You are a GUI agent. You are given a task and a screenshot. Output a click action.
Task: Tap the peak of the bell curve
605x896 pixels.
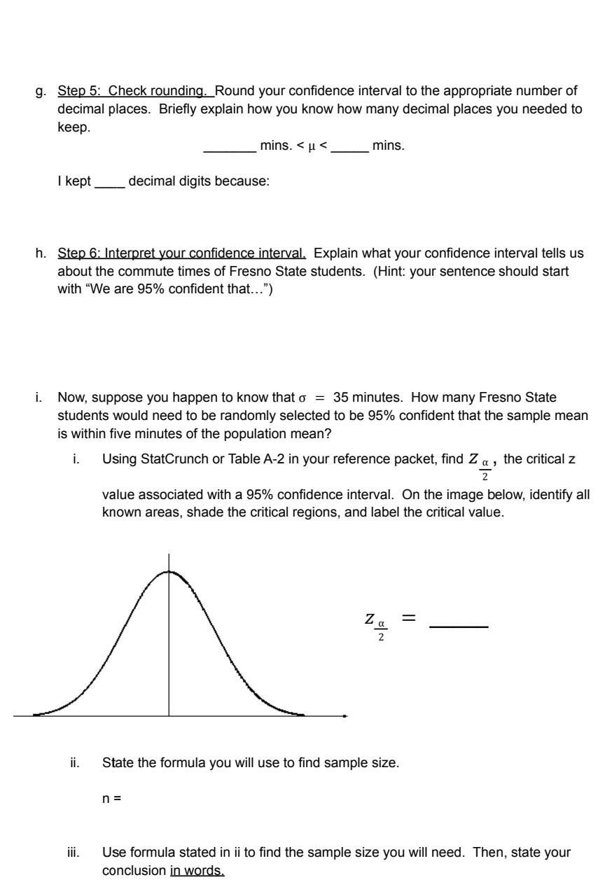coord(168,571)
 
